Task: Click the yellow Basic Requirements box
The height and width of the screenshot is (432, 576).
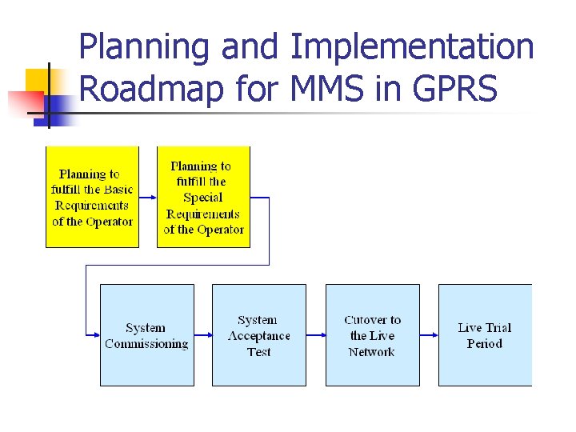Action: point(92,197)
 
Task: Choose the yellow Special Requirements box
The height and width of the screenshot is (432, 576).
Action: point(203,197)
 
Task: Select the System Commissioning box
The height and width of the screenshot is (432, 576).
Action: point(146,335)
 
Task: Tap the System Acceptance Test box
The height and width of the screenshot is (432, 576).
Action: point(258,335)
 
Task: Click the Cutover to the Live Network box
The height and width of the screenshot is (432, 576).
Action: point(372,335)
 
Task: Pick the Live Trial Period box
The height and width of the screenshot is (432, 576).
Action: point(485,335)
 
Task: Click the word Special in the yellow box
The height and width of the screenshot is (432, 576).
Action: point(203,198)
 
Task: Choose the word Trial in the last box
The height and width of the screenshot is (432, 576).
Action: point(498,327)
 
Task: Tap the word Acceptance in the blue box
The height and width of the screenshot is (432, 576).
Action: point(258,336)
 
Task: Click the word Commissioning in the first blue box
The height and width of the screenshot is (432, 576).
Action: point(146,344)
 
